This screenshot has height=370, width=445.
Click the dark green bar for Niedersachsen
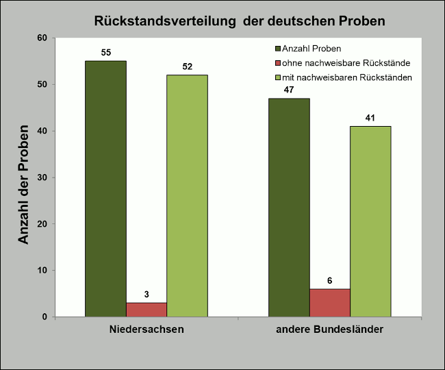[x=105, y=188]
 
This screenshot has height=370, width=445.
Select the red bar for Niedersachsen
[x=146, y=310]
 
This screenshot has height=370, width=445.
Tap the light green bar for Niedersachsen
[x=187, y=195]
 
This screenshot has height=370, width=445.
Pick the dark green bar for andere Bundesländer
[x=289, y=207]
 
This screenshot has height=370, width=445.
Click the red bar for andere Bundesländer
[x=329, y=303]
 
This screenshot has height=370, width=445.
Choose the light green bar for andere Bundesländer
[x=370, y=221]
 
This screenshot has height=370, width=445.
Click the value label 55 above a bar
[x=105, y=52]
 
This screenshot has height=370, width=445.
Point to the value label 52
[x=187, y=66]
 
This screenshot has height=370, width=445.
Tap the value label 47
[x=289, y=90]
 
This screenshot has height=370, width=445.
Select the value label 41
[x=370, y=118]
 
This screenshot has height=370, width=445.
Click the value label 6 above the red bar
[x=329, y=280]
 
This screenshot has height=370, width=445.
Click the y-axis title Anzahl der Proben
[x=24, y=184]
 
